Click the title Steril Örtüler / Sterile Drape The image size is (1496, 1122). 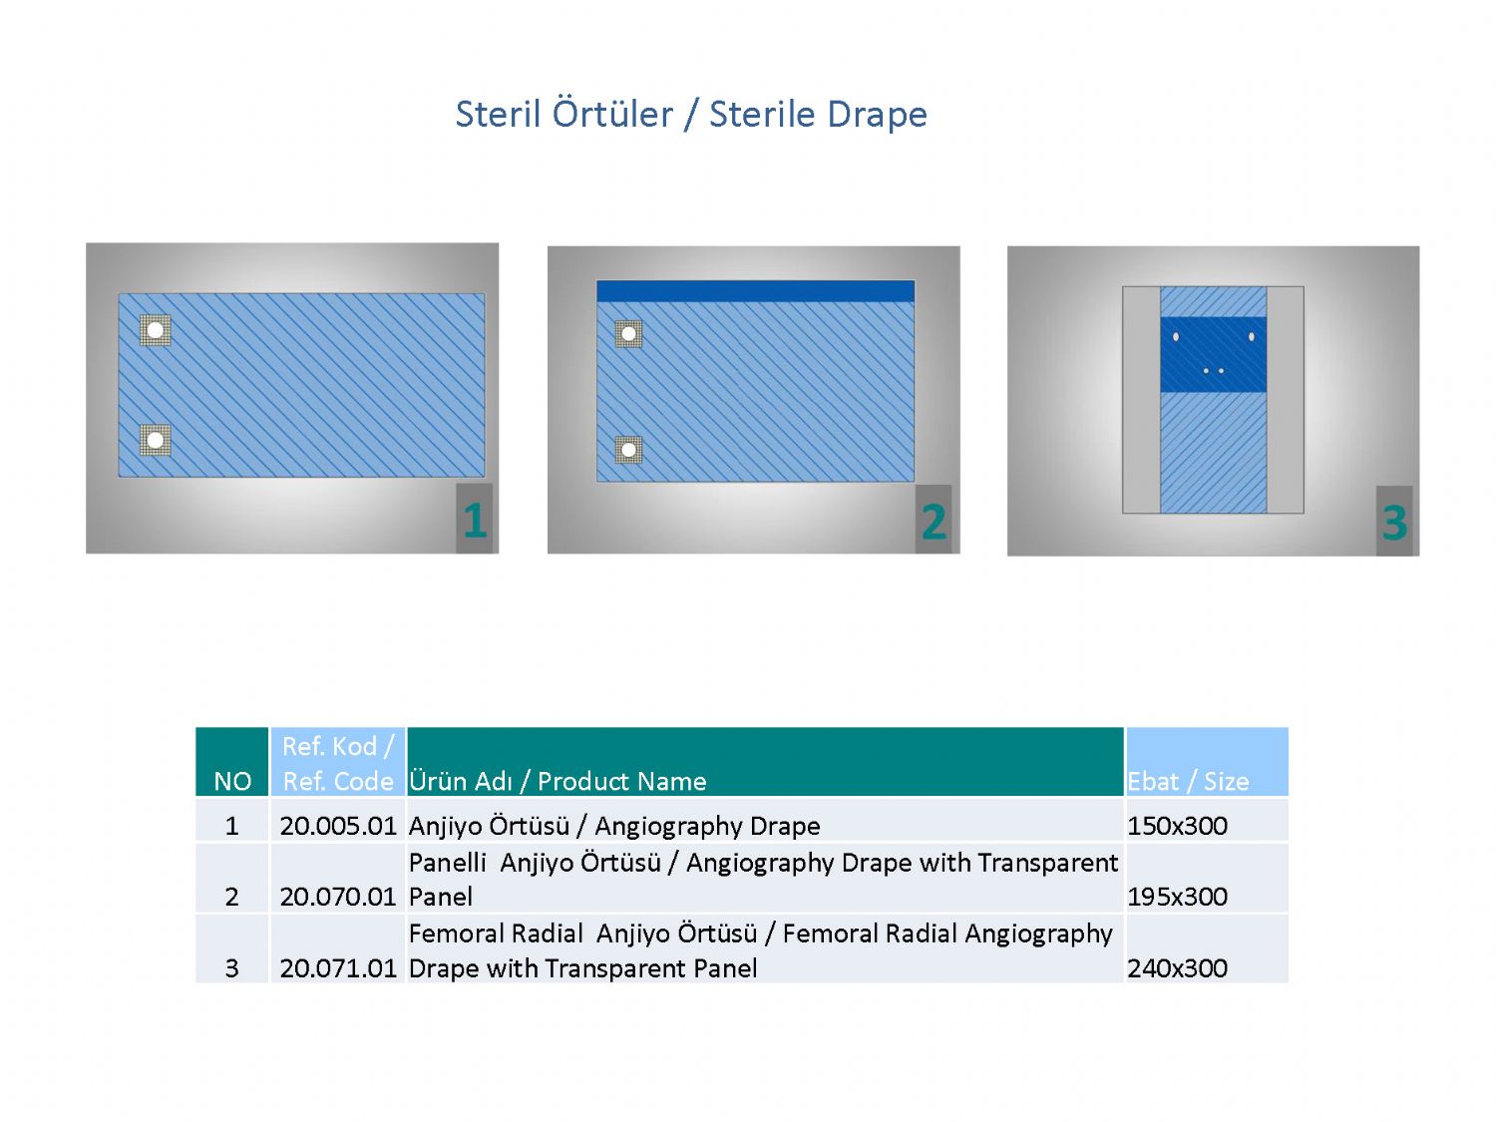(691, 114)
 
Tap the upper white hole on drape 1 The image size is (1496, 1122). (156, 330)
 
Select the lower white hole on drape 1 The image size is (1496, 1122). (156, 440)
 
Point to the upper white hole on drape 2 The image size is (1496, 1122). (628, 334)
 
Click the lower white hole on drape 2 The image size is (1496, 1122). (628, 450)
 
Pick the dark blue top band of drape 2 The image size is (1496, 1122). (755, 291)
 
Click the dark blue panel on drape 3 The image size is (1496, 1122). (1213, 354)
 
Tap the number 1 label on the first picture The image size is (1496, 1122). (475, 522)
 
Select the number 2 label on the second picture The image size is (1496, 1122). (934, 523)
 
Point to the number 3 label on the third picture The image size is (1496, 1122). (1394, 524)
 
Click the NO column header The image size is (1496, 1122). (232, 781)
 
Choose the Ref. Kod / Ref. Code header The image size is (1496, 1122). (338, 764)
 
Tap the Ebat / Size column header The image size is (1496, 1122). (1188, 781)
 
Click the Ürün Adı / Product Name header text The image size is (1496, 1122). (558, 781)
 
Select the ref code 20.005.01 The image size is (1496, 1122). (338, 827)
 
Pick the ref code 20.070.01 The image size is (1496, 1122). (338, 898)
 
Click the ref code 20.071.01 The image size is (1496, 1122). (338, 968)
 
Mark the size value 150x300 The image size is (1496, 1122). (1177, 827)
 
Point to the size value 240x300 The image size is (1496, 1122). (1177, 968)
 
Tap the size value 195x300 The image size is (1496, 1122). (1177, 898)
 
